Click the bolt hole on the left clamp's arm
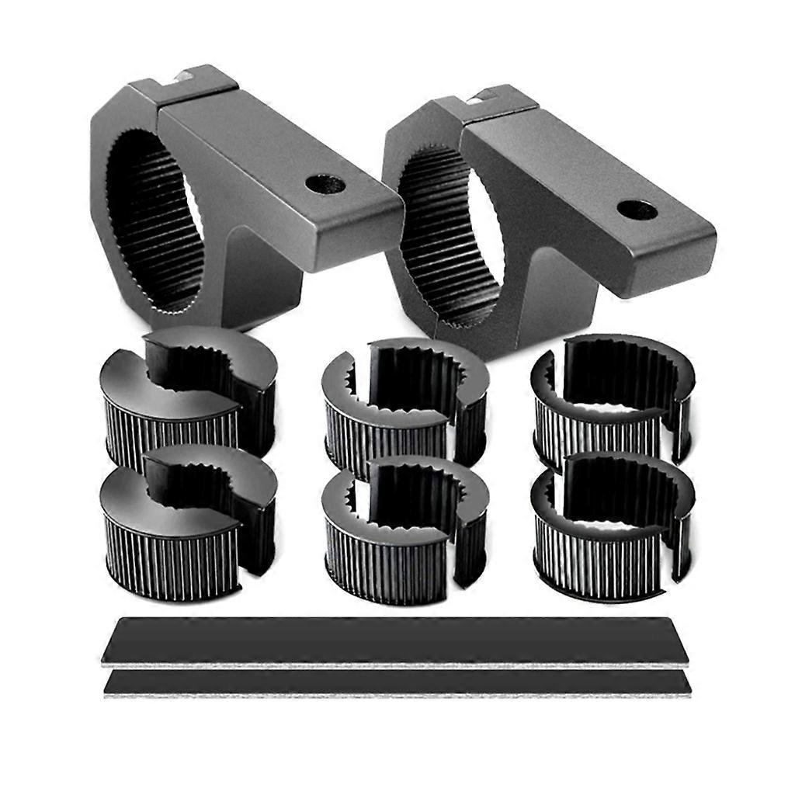(325, 184)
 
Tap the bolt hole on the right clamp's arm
(637, 210)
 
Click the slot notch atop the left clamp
(186, 75)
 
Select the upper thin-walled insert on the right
(613, 400)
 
